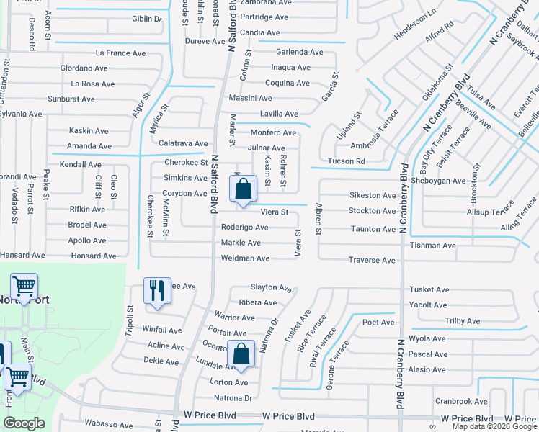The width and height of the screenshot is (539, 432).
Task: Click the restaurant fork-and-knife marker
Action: coord(157,292)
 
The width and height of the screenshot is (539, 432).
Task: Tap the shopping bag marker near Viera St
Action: coord(244,189)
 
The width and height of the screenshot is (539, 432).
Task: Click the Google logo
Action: coord(24,423)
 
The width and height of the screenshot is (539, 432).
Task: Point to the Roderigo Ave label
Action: coord(244,228)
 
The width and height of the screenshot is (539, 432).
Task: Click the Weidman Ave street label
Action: coord(245,258)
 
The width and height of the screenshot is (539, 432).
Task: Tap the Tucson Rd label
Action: coord(346,161)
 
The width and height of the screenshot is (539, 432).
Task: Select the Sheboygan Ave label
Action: coord(439,181)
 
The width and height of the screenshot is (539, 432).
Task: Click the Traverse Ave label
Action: coord(372,260)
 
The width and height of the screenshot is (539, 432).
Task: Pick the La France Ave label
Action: coord(121,53)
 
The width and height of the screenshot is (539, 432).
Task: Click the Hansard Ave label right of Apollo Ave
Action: coord(94,256)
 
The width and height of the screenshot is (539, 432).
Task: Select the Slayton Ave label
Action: coord(270,287)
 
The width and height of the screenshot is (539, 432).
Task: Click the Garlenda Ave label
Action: coord(299,53)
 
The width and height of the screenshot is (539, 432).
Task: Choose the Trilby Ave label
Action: coord(462,321)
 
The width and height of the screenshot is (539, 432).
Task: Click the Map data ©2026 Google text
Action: coord(494,426)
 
